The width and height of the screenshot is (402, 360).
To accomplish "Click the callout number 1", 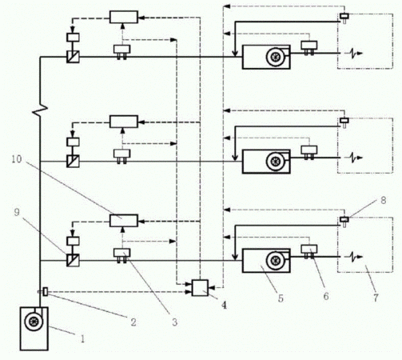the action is tap(82, 338).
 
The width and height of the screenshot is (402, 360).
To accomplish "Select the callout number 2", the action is tap(133, 322).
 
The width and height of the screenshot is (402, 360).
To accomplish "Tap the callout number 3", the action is tap(174, 322).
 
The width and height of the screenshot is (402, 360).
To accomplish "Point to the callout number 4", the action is tap(225, 305).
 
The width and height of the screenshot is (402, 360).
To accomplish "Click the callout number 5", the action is tap(281, 298).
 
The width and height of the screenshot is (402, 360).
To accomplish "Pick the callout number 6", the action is tap(326, 296).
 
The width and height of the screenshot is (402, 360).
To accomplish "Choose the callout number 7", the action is tap(376, 298).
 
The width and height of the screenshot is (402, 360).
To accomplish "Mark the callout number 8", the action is tap(384, 200).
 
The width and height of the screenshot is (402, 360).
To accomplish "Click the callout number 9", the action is tap(17, 212).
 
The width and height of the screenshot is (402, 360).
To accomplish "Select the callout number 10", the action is tap(17, 159).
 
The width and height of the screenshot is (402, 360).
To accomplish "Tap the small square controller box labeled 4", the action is tap(200, 288).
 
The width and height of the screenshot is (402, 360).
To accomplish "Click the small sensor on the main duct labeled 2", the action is tap(46, 291).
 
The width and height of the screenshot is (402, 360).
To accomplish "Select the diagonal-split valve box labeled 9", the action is tap(73, 260).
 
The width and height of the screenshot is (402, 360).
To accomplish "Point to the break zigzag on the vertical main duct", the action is tap(40, 110).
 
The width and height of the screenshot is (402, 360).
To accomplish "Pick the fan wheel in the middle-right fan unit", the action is tap(276, 161).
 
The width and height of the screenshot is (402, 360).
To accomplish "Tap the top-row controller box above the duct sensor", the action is tap(124, 17).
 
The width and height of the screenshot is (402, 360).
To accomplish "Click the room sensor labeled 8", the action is tap(344, 219).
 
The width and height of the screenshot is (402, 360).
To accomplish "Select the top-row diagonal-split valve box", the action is tap(73, 57).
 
